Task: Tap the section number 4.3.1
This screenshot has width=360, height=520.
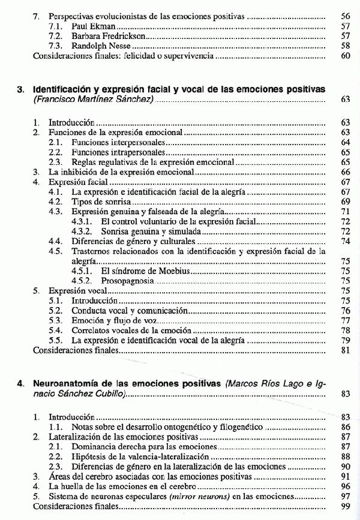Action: [80, 221]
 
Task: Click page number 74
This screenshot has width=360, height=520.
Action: [345, 241]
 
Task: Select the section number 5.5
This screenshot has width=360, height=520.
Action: [56, 339]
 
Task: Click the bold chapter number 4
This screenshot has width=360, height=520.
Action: [20, 383]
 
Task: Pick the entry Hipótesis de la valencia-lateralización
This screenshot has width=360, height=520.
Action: [140, 456]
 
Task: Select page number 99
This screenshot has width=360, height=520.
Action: [345, 506]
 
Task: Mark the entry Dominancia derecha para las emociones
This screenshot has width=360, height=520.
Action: [133, 446]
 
